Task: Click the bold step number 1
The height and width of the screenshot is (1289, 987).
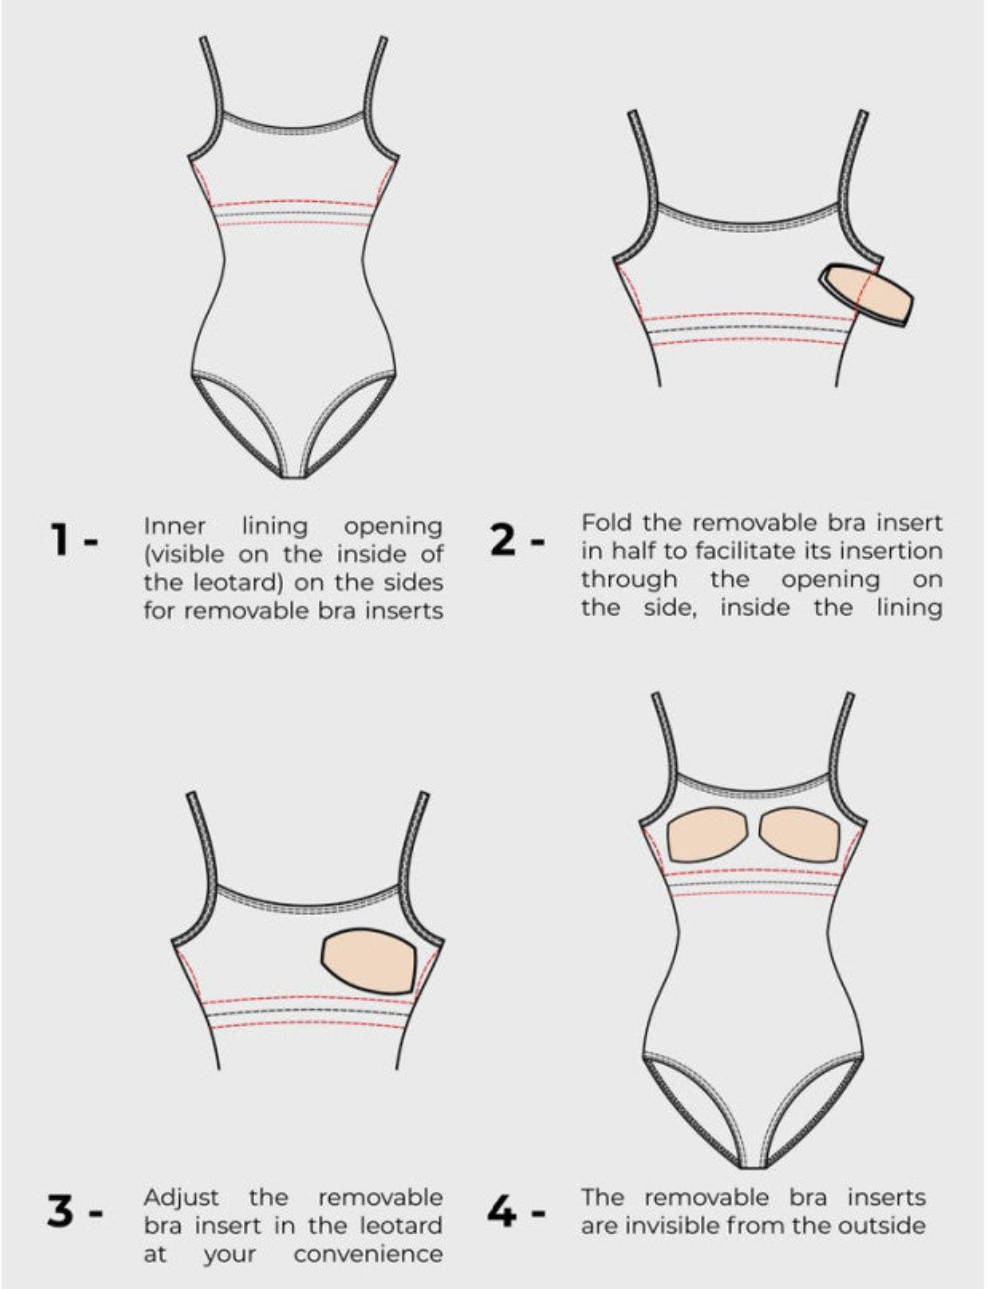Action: [x=61, y=540]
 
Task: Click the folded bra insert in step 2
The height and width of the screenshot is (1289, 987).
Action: [x=867, y=296]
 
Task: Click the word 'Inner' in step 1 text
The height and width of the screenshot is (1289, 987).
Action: [x=175, y=526]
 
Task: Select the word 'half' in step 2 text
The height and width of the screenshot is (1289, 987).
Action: [x=635, y=551]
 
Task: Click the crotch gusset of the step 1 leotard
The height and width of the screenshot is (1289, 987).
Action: [x=294, y=471]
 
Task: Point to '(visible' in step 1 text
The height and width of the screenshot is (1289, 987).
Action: [x=185, y=554]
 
